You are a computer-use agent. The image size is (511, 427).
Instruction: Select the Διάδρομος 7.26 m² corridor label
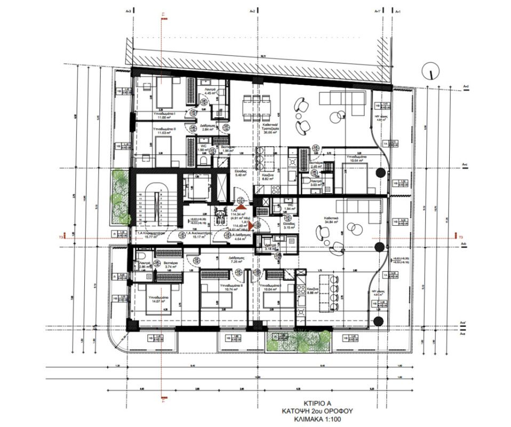point(237,260)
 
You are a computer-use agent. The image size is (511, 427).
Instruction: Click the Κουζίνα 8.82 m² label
point(268,178)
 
